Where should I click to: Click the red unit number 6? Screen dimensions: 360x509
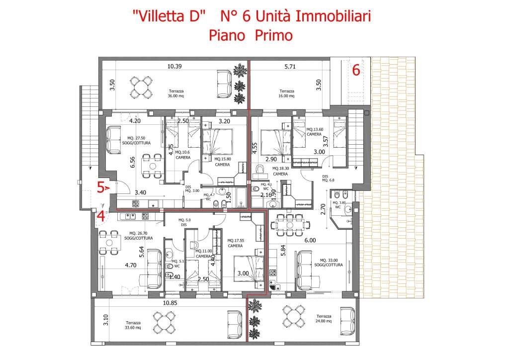[x=356, y=70]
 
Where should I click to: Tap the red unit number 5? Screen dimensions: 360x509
[x=100, y=187]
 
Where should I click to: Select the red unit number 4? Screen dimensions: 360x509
[x=100, y=216]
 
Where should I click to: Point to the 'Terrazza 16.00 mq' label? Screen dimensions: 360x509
[x=287, y=94]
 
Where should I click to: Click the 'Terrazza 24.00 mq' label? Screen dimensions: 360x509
[x=323, y=319]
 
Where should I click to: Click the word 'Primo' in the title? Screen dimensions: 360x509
[x=273, y=36]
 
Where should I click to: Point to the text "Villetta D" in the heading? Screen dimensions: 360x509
[x=169, y=16]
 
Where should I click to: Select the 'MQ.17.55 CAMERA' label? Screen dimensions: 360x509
[x=236, y=243]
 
